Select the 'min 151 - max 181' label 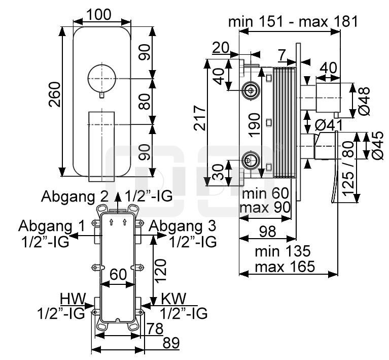pyautogui.click(x=293, y=21)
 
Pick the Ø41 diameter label pyautogui.click(x=329, y=124)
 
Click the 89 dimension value pyautogui.click(x=171, y=343)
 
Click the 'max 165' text pyautogui.click(x=285, y=266)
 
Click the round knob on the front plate pyautogui.click(x=101, y=78)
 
